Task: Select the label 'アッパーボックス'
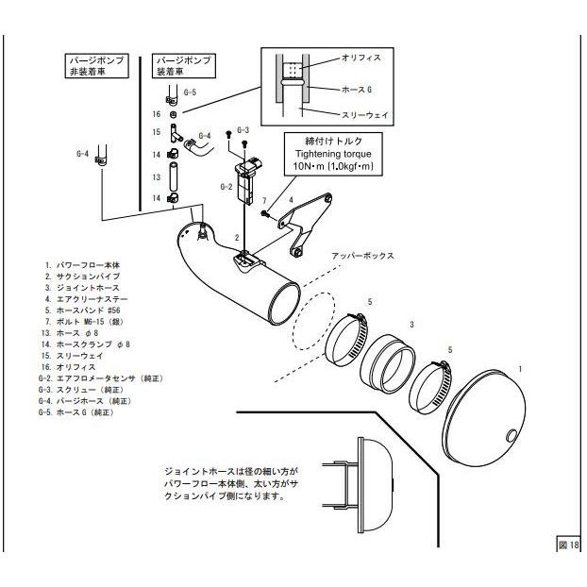click(x=359, y=256)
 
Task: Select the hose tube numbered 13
click(x=174, y=176)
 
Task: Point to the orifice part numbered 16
click(x=174, y=114)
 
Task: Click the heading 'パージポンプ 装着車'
click(x=183, y=65)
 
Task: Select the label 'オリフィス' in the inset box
click(x=364, y=58)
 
